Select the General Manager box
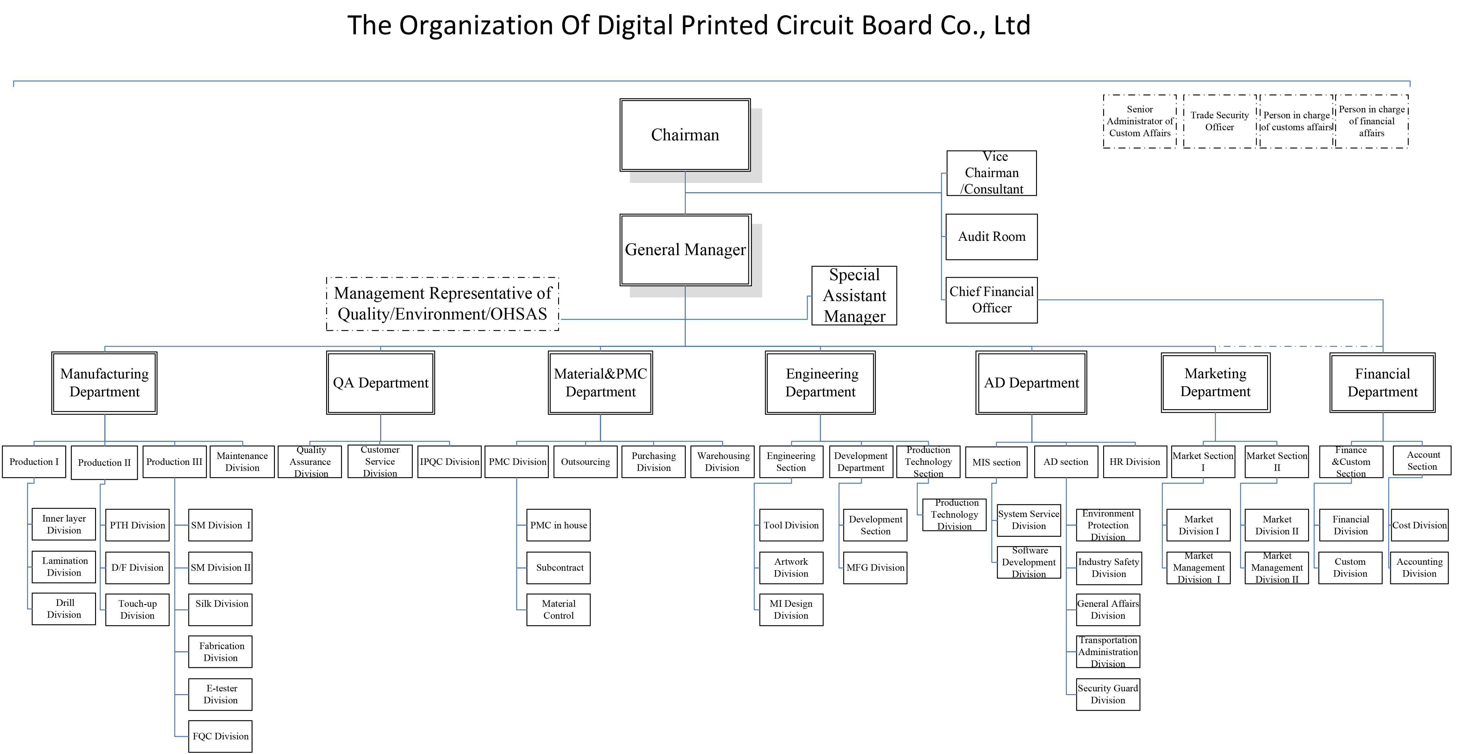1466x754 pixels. click(x=685, y=250)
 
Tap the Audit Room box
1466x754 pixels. click(x=991, y=237)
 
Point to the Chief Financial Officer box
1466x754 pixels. click(x=991, y=300)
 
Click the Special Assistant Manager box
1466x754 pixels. click(x=854, y=295)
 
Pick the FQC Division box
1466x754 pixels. click(x=220, y=736)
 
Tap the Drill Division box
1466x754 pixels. click(x=64, y=609)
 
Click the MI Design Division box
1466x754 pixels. click(x=791, y=609)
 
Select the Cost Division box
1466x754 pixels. click(x=1419, y=525)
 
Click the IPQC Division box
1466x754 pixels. click(x=450, y=462)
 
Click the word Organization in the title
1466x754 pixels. click(x=476, y=26)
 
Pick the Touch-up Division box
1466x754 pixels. click(x=137, y=609)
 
